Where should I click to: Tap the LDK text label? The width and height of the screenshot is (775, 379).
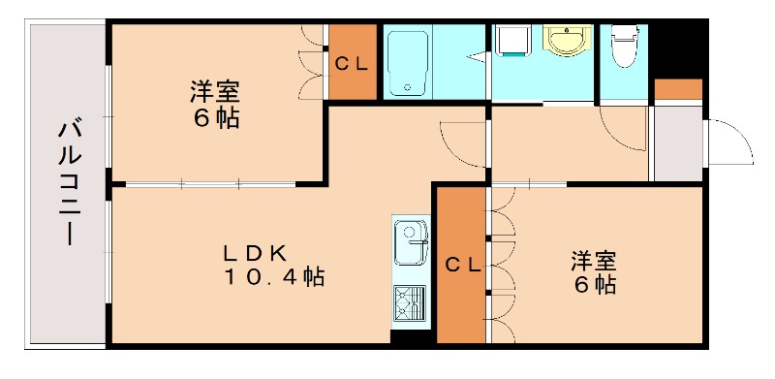[255, 253]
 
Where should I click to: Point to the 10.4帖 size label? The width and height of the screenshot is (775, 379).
[275, 277]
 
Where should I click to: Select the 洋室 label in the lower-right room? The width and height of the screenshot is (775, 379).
[594, 262]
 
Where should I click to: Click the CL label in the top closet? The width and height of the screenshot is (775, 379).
[352, 64]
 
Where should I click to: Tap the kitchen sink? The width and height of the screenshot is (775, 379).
[411, 240]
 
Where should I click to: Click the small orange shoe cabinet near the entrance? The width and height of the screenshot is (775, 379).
[678, 91]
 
